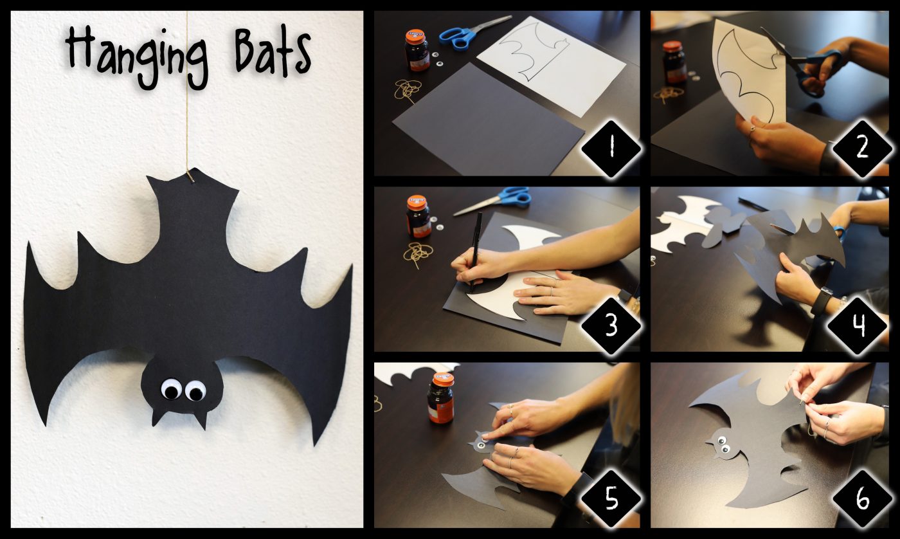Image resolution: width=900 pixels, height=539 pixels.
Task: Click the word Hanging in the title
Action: [x=136, y=56]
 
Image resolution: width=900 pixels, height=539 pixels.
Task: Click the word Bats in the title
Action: [x=273, y=53]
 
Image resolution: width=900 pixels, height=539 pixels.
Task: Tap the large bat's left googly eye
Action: [x=172, y=389]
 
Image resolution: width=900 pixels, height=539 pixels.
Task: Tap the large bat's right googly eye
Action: [x=195, y=390]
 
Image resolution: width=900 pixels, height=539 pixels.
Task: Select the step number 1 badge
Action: [x=611, y=149]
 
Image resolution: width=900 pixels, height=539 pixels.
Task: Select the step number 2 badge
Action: [x=862, y=149]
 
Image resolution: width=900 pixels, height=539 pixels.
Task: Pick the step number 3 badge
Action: [x=611, y=325]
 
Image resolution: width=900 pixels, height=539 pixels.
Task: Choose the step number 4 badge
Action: [x=858, y=325]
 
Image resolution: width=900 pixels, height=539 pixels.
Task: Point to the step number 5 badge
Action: [x=611, y=498]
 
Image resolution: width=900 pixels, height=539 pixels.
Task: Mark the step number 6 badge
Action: [x=862, y=498]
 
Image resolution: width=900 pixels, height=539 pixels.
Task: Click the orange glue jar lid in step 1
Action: [x=415, y=36]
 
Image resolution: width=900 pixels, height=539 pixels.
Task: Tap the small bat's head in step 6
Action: [x=721, y=445]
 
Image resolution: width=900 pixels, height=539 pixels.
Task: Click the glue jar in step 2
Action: [x=674, y=62]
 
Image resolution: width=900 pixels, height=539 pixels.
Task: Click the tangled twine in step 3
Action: [x=419, y=253]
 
